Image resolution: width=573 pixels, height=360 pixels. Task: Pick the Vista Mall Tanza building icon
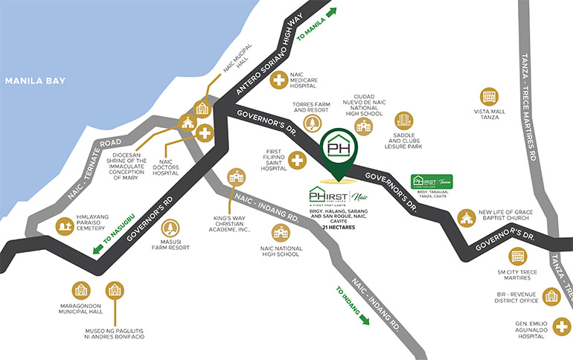490,97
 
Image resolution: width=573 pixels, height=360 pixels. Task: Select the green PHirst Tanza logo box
432,181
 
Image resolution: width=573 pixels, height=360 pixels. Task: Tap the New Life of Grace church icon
467,216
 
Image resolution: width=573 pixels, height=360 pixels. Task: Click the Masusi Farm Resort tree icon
170,228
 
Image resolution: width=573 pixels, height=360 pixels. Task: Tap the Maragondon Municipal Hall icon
80,291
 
